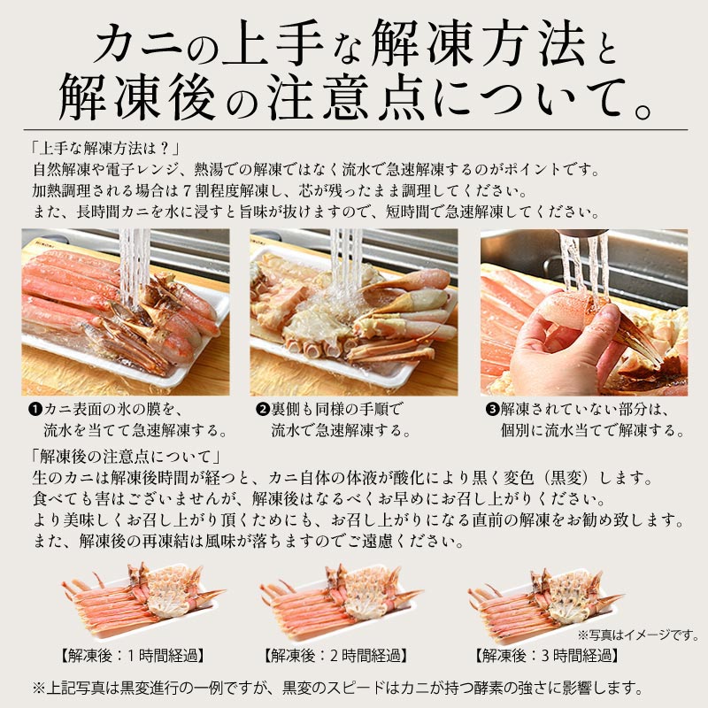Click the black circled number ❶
coord(35,410)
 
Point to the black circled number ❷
coord(262,410)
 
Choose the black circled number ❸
coord(492,410)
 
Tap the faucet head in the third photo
coord(582,233)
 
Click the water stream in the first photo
coord(134,266)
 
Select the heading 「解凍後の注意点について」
coord(126,457)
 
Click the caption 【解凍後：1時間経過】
coord(132,655)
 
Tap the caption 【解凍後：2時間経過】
coord(335,655)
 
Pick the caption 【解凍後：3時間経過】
coord(547,655)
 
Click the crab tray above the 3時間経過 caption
coord(547,600)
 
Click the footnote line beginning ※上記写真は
coord(338,689)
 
